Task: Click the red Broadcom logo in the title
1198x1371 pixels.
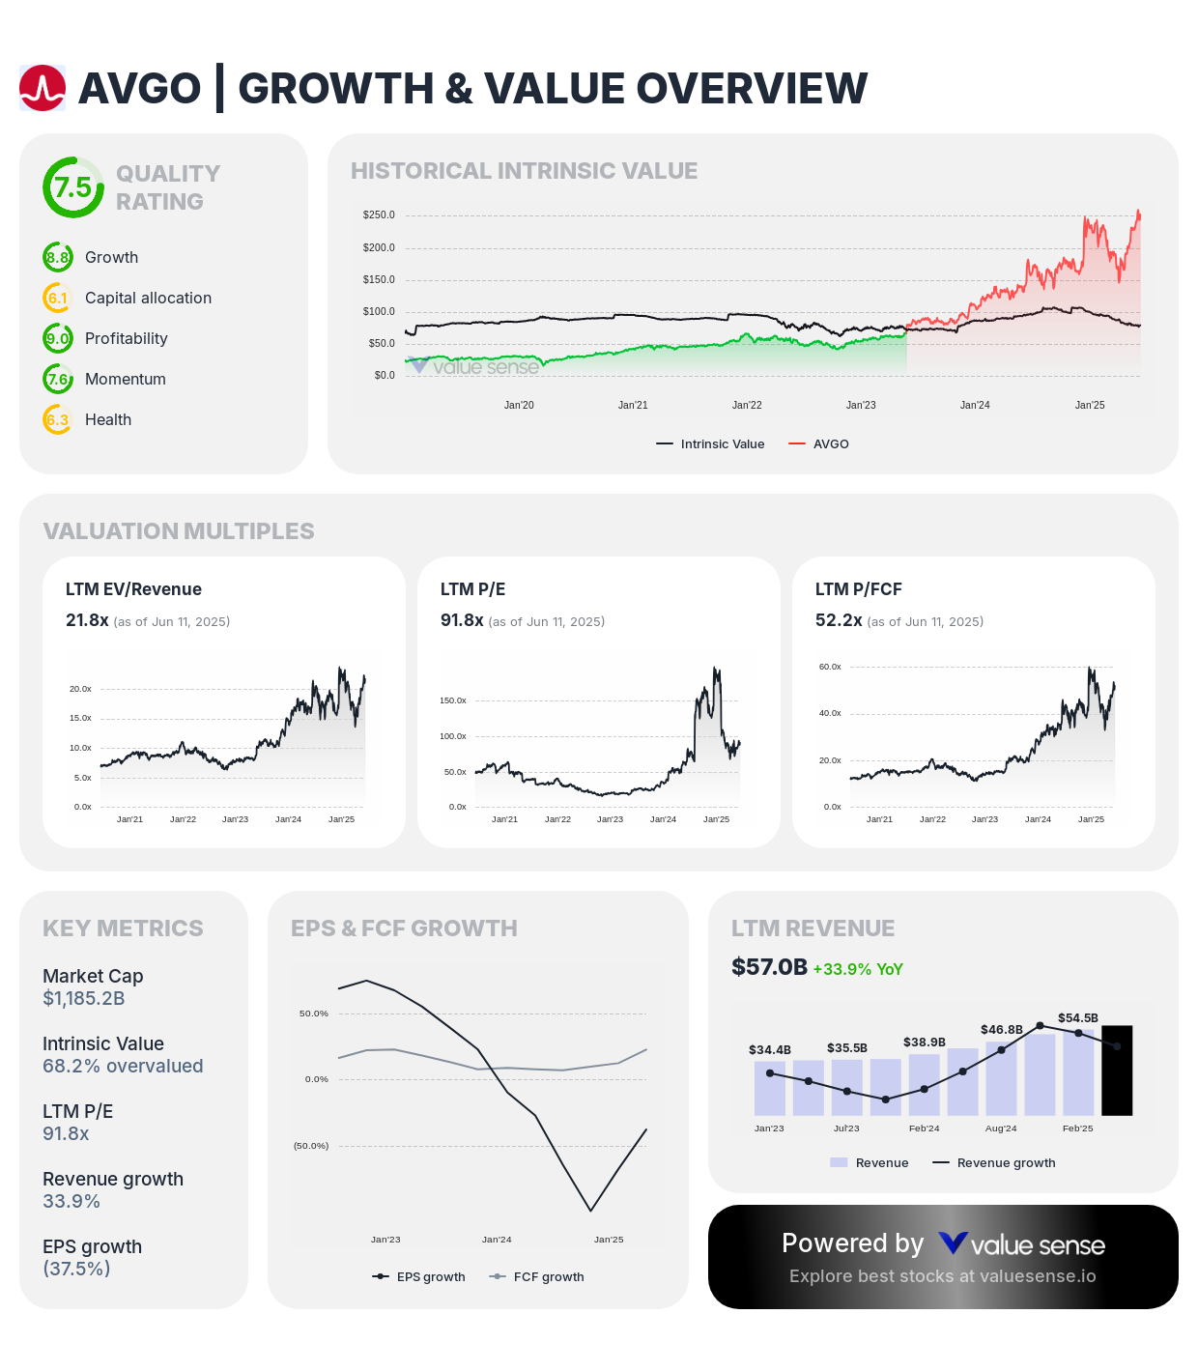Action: pos(43,89)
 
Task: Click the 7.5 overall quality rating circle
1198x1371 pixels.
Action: pos(72,187)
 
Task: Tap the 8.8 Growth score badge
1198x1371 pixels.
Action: pos(58,258)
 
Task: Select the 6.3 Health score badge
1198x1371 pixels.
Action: pos(58,420)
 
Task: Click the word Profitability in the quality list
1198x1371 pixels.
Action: pos(126,339)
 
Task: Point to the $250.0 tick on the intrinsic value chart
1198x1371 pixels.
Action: pos(379,215)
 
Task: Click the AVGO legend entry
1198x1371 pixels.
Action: pos(830,444)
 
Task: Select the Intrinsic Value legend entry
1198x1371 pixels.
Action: pos(722,444)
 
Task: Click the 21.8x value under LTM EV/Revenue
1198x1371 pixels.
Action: pos(87,620)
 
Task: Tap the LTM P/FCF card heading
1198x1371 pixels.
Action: pos(858,589)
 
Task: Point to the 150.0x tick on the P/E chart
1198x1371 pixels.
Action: pos(453,700)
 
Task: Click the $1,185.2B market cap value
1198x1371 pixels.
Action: pos(84,999)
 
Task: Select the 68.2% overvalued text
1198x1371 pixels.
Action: pos(123,1067)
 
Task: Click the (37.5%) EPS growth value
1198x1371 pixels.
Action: pos(76,1270)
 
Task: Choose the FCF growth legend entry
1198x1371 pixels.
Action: pos(548,1277)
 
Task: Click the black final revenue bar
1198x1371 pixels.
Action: pos(1117,1071)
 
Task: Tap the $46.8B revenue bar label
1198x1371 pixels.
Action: pos(1001,1030)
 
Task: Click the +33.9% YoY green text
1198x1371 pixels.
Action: pos(858,969)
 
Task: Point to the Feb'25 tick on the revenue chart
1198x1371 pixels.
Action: pos(1077,1128)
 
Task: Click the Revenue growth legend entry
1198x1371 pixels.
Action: pos(1005,1163)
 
